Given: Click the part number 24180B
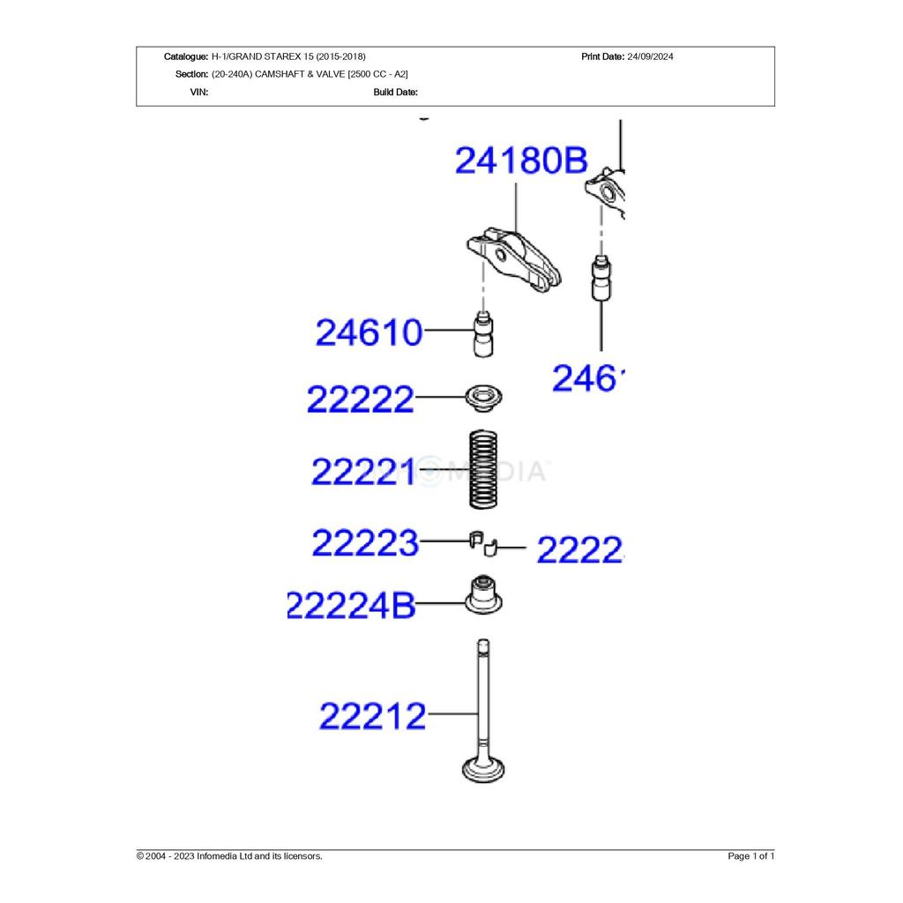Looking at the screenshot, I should tap(520, 161).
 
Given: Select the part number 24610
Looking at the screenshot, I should tap(369, 333).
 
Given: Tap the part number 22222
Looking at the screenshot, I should tap(360, 399).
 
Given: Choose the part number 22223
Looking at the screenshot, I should tap(365, 542).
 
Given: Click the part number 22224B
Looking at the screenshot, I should tap(350, 606).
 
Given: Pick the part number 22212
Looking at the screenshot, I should tap(372, 714).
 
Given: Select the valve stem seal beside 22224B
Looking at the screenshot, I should tap(483, 595).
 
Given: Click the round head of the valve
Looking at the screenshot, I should tap(483, 770).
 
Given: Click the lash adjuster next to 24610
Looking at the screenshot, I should tap(483, 336).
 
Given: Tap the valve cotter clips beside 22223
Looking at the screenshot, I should tap(483, 543).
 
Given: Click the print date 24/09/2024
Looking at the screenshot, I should tap(650, 56).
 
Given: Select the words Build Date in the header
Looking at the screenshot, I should tap(395, 92).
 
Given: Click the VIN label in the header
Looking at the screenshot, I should tap(199, 92).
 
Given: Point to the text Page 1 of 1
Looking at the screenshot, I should tap(750, 856).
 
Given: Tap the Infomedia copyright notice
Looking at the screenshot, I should tap(229, 856).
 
